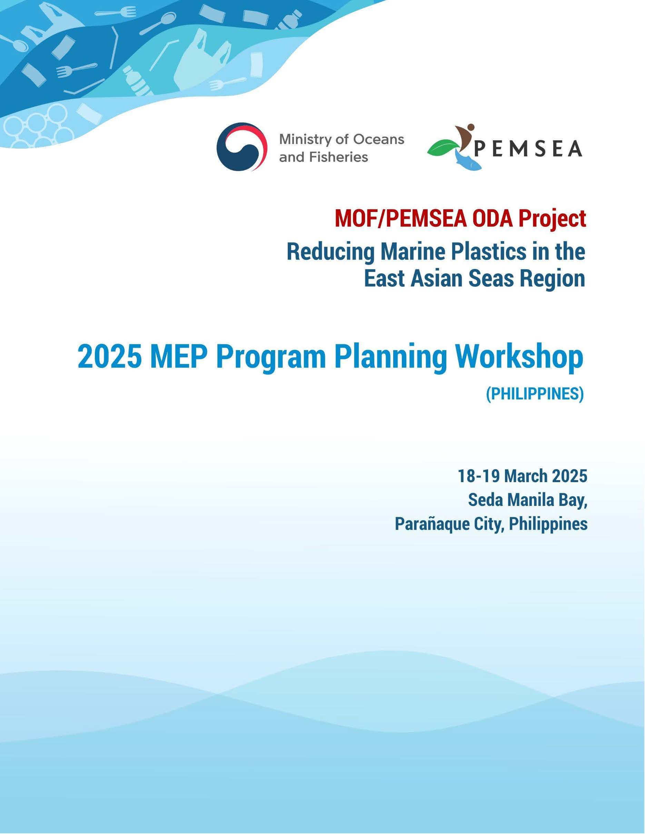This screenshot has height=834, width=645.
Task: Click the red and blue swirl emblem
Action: pyautogui.click(x=240, y=148)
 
